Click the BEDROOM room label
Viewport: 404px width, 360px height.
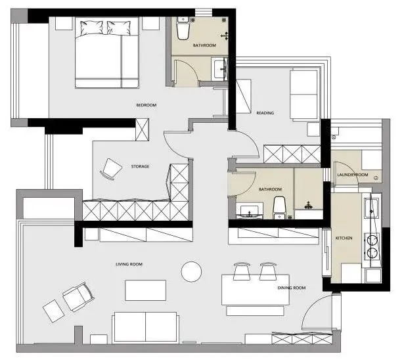[146, 105]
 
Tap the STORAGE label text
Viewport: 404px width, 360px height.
[140, 166]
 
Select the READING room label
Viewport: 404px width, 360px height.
[265, 113]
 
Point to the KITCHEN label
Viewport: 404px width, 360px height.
[344, 238]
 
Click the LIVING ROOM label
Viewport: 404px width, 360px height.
[129, 264]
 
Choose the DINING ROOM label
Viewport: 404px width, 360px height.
[292, 288]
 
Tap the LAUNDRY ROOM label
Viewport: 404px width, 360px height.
[353, 175]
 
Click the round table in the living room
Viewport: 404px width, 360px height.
[191, 272]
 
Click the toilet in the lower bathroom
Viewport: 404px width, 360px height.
[280, 208]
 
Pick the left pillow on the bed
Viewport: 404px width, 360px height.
[91, 28]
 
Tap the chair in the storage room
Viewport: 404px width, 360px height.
[111, 169]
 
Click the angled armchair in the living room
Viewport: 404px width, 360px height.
[78, 297]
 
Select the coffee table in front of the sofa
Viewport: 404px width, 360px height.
[146, 290]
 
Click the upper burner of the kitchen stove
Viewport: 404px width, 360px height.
[372, 240]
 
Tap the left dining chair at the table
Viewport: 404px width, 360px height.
[242, 271]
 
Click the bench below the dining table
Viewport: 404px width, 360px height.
[255, 311]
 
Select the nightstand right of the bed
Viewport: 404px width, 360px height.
[150, 24]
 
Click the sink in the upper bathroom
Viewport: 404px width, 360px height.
[220, 69]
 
